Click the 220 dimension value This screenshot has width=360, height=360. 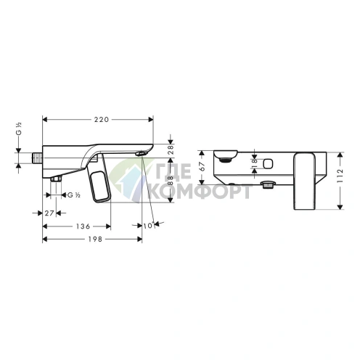(102, 120)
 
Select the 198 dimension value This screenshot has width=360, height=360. (95, 240)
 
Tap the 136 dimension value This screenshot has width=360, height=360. (83, 226)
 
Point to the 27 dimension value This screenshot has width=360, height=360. (49, 213)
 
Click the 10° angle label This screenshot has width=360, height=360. (149, 226)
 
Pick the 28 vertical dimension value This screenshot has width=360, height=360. (171, 150)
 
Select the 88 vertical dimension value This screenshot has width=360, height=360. (171, 180)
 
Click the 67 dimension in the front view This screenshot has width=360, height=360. (202, 166)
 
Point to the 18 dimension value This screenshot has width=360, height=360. (255, 164)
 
